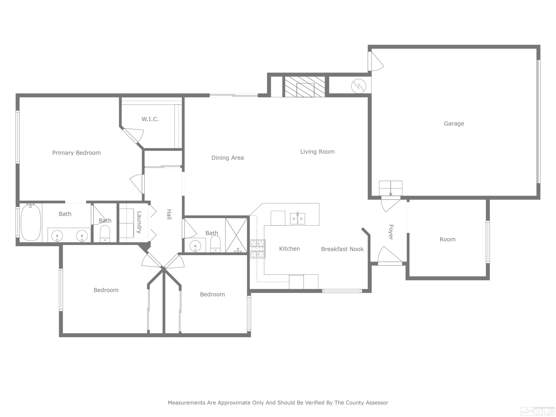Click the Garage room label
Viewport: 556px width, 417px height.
[x=454, y=123]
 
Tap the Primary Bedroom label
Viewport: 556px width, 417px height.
[x=76, y=153]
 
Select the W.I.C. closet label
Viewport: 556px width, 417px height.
[x=150, y=119]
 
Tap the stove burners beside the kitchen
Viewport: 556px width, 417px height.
[x=258, y=249]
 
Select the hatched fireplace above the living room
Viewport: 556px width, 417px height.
[x=305, y=87]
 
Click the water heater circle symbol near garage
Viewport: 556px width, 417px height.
[x=358, y=86]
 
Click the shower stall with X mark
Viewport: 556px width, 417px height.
[x=236, y=235]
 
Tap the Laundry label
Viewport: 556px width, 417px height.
[x=139, y=222]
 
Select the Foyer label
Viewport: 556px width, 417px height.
[x=391, y=232]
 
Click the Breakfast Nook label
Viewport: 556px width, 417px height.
[x=342, y=249]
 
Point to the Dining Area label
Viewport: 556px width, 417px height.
[x=227, y=158]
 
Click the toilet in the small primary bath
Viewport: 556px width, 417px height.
[x=105, y=234]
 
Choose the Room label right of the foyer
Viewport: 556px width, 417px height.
[x=447, y=239]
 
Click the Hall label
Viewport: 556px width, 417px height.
[x=169, y=214]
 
